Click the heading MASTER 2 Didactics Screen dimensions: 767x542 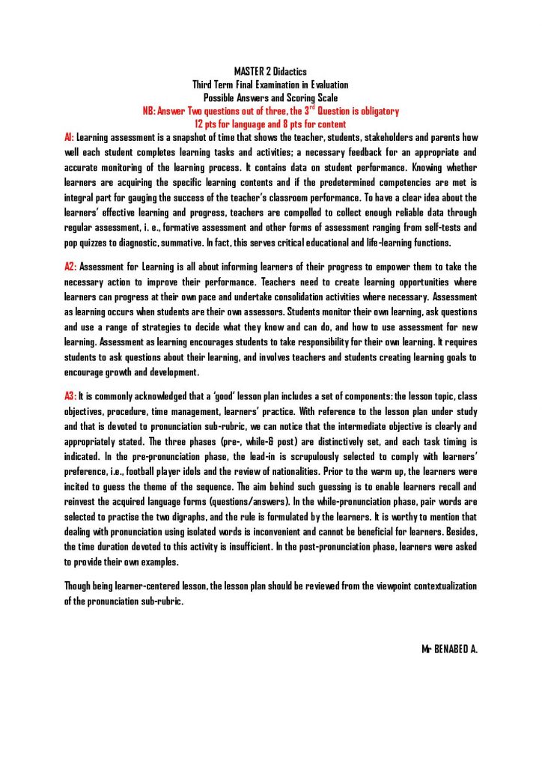coord(270,71)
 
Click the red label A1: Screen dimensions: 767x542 coord(69,138)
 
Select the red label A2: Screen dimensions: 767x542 coord(70,267)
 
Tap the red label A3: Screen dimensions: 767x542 coord(70,395)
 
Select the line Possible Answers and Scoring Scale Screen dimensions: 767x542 coord(270,97)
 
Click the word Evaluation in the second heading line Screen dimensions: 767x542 coord(323,85)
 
